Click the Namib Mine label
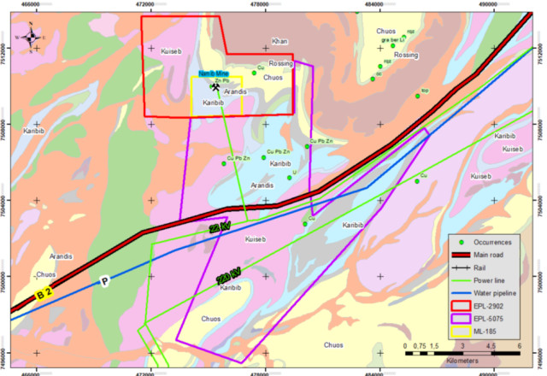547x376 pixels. (x=214, y=74)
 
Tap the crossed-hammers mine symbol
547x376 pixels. (x=216, y=86)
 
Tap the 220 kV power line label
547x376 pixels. (x=228, y=279)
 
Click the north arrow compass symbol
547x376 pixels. (x=31, y=37)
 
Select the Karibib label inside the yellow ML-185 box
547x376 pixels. (x=213, y=103)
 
